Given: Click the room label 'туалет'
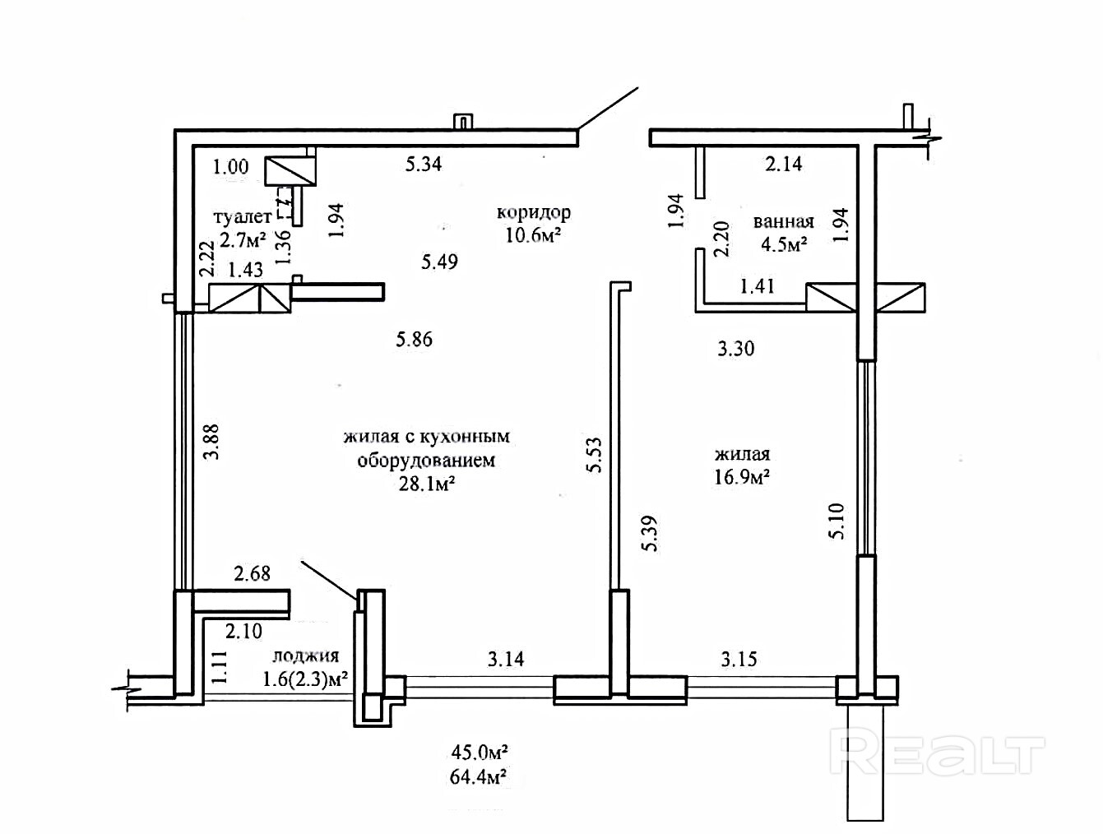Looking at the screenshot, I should coord(242,217).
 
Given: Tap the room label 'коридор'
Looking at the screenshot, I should coord(533,212).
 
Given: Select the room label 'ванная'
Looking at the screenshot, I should coord(783,221).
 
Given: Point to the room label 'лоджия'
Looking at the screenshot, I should coord(305,656).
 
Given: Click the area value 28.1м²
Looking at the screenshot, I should coord(427,484).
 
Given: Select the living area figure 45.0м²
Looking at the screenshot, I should coord(478,752).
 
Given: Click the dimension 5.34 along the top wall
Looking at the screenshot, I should coord(424,164).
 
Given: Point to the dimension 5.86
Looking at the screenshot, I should coord(414,339).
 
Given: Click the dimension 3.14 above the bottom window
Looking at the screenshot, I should coord(506,658).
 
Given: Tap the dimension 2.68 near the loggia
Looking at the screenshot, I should coord(253,573).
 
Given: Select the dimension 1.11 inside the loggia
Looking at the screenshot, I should coord(218,667).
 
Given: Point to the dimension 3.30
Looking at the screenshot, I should coord(735,348).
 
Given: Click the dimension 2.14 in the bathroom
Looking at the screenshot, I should coord(783,164).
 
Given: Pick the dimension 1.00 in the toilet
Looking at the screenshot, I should coord(230,167).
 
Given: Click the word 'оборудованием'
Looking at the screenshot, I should coord(426,460).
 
